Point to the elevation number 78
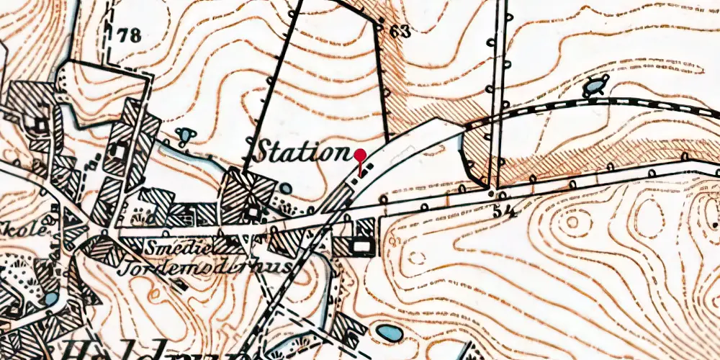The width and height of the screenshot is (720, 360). (x=130, y=36)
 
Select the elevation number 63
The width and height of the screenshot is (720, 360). (x=401, y=31)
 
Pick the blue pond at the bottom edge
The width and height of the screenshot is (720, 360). (x=387, y=334)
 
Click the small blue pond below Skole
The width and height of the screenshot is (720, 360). (x=50, y=297)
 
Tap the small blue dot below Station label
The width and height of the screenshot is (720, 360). (x=287, y=189)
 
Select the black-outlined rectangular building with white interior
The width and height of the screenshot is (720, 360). (x=362, y=247)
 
